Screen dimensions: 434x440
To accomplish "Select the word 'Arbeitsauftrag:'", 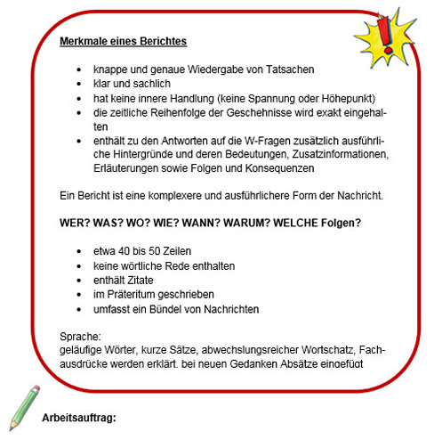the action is click(79, 417).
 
